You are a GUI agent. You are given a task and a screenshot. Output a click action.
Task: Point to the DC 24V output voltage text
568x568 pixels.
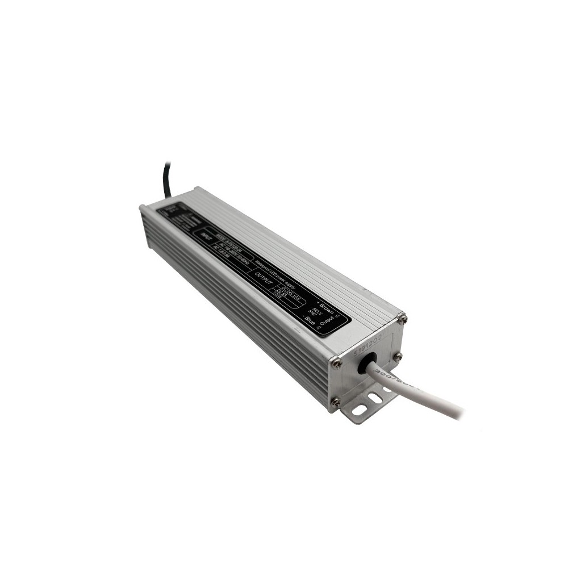(287, 290)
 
